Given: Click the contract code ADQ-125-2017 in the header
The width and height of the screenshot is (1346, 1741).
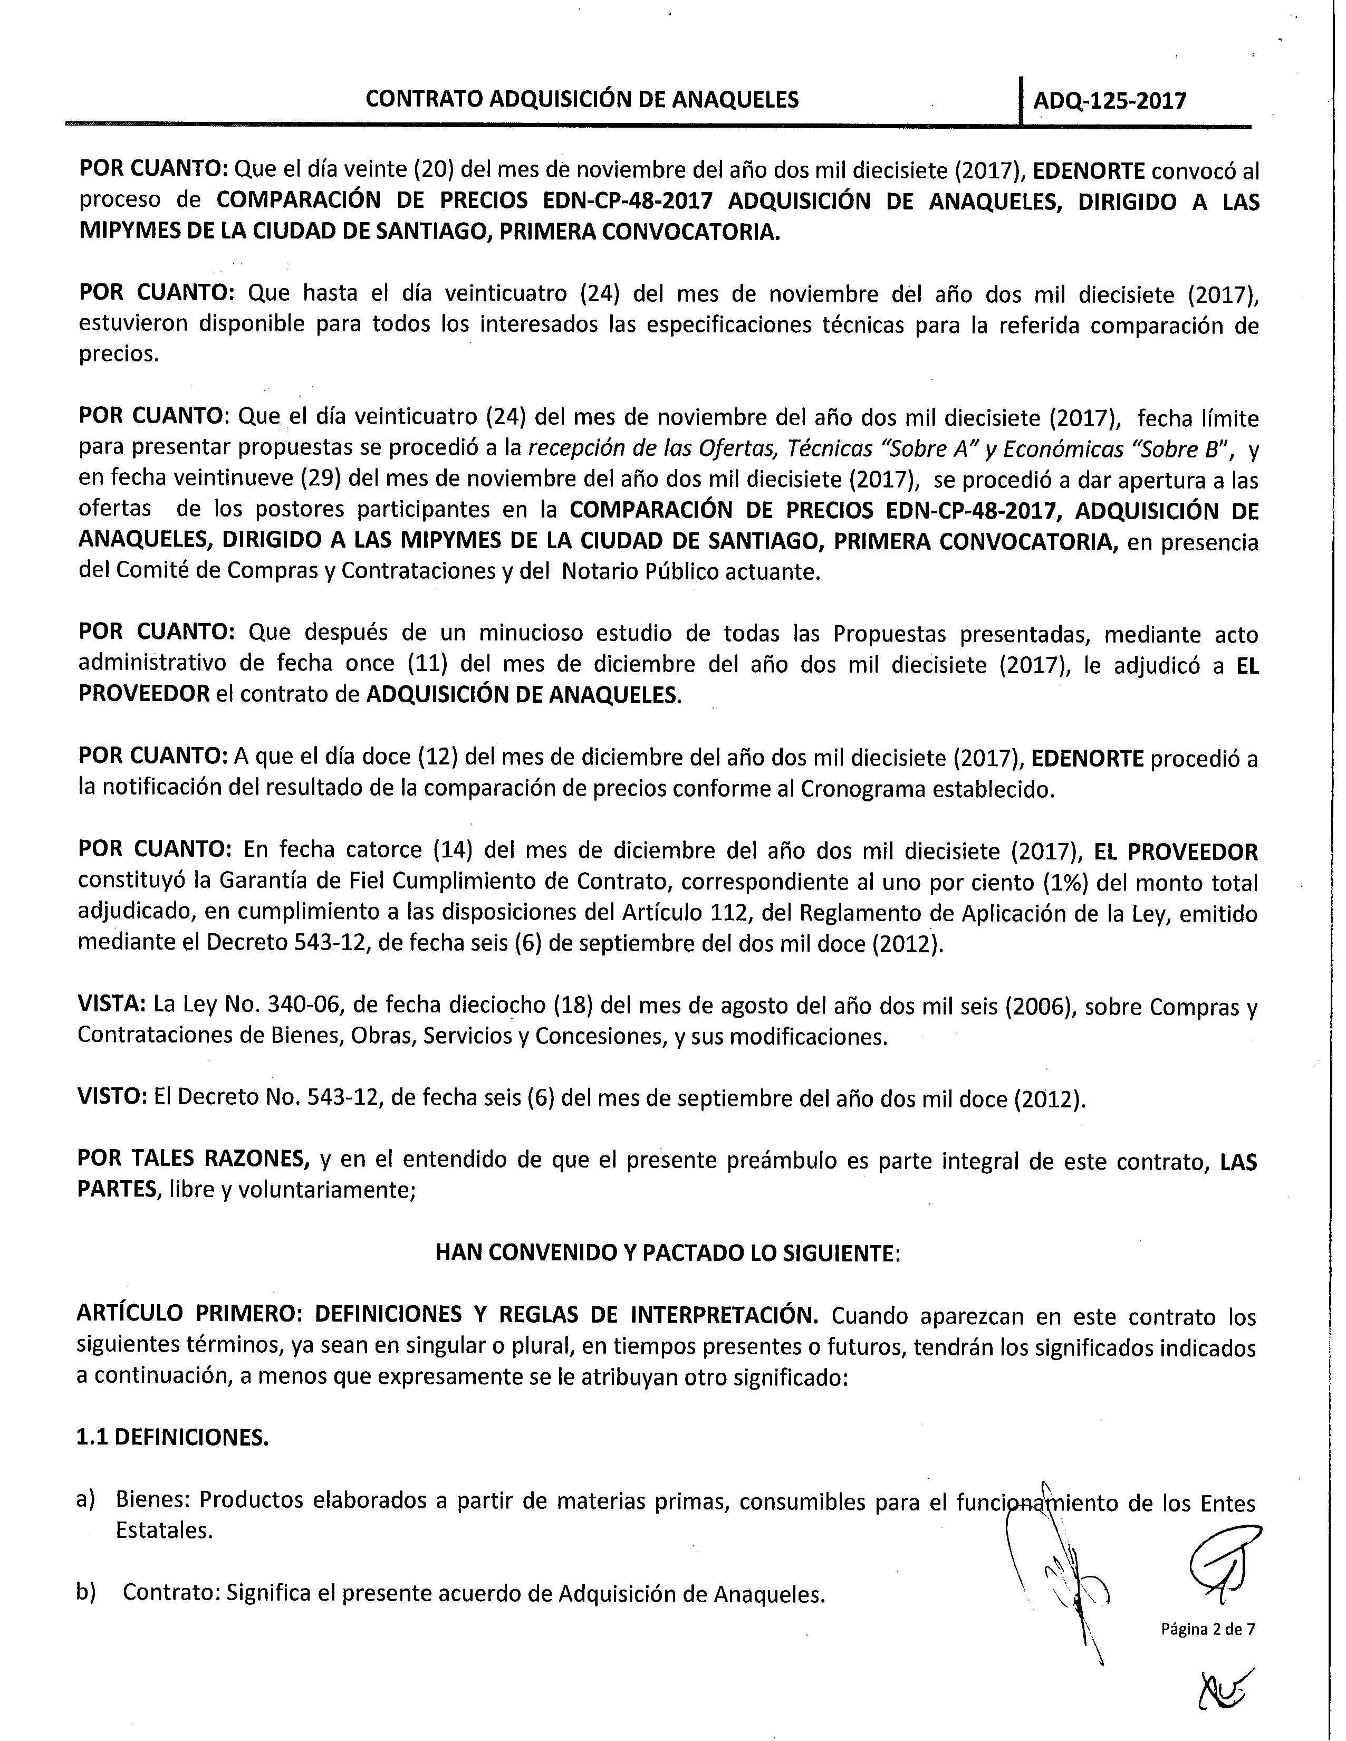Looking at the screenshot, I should [x=1109, y=100].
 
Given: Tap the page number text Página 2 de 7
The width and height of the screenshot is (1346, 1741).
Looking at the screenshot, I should [x=1207, y=1629].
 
